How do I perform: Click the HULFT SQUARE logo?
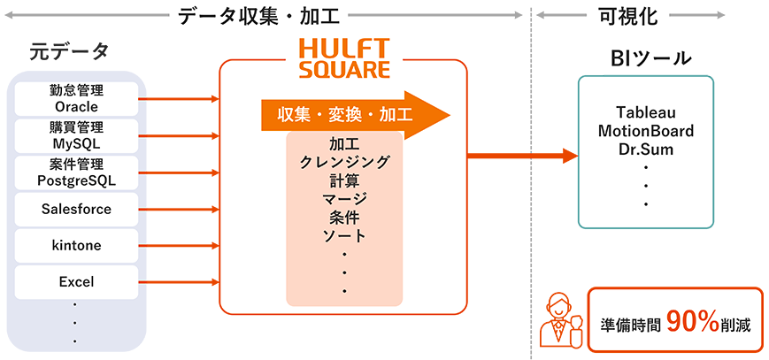(x=344, y=59)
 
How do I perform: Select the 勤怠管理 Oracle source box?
(x=76, y=98)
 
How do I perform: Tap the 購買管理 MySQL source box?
(x=76, y=135)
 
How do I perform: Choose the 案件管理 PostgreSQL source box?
(x=76, y=172)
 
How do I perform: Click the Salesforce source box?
(x=76, y=210)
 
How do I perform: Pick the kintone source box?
(x=76, y=246)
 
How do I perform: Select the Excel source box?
(x=76, y=282)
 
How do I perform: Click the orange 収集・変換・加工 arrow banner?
(x=356, y=115)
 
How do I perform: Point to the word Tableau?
(x=646, y=113)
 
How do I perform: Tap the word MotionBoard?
(x=646, y=131)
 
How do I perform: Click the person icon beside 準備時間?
(x=559, y=321)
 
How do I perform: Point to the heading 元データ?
(x=69, y=51)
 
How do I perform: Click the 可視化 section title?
(x=628, y=17)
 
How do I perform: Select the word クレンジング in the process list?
(x=344, y=163)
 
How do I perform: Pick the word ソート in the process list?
(x=344, y=236)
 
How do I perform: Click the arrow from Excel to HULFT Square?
(x=179, y=282)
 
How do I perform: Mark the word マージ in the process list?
(x=344, y=199)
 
